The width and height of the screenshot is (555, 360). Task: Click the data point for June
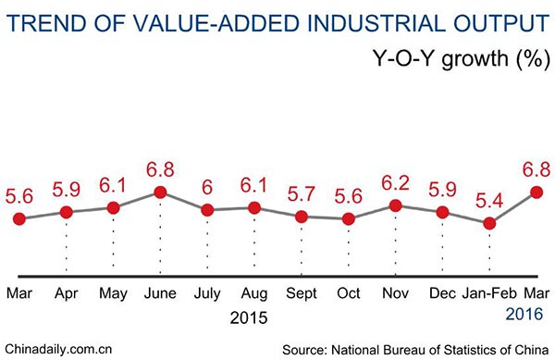(x=160, y=192)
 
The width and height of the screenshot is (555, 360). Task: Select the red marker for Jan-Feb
(x=490, y=223)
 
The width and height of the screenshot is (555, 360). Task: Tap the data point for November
(x=396, y=205)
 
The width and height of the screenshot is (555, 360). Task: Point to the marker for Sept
(x=302, y=217)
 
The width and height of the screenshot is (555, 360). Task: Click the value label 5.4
(x=490, y=199)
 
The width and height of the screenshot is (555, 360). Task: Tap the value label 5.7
(x=302, y=194)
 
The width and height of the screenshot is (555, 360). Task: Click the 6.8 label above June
(x=160, y=169)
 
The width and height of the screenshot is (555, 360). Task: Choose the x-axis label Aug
(x=254, y=294)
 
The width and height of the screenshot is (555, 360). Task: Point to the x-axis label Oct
(x=349, y=294)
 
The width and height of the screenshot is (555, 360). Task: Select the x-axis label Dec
(x=443, y=294)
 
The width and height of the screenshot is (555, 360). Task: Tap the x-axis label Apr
(x=66, y=294)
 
